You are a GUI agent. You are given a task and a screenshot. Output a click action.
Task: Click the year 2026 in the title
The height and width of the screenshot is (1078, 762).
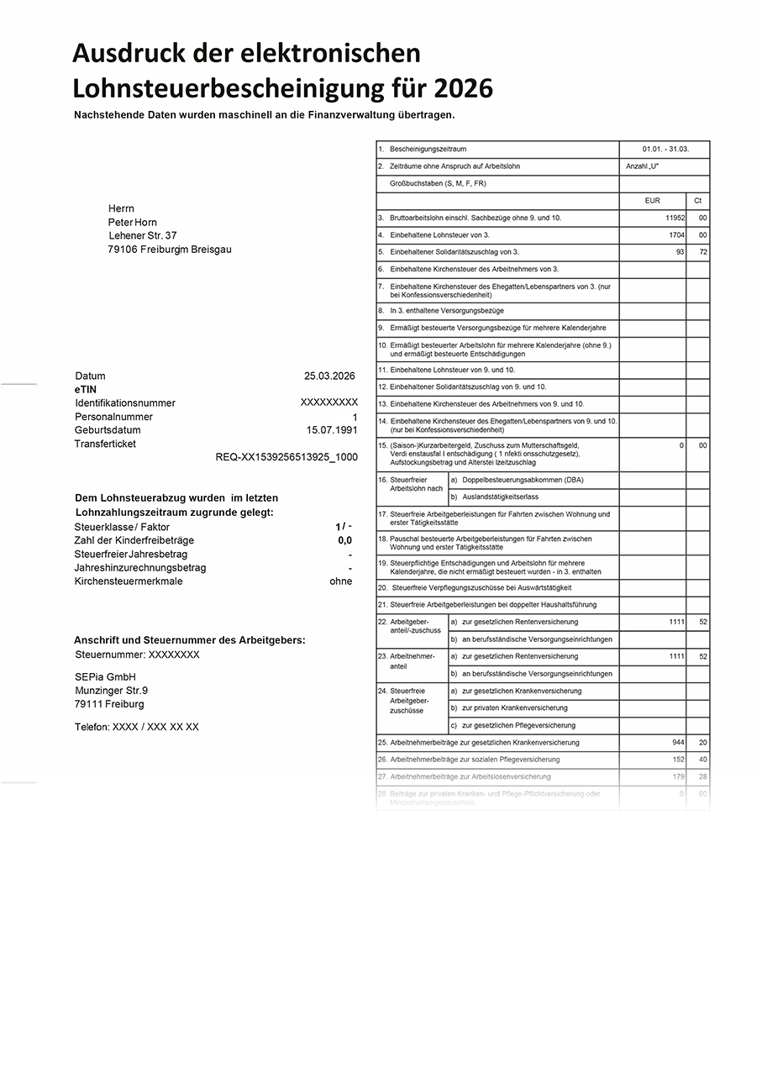point(462,88)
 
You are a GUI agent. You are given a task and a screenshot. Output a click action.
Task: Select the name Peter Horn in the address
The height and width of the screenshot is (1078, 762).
point(133,223)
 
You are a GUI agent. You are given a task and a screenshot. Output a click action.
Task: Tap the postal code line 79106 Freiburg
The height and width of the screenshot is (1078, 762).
point(170,250)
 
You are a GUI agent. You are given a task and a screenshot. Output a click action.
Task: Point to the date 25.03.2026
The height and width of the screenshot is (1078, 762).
point(330,376)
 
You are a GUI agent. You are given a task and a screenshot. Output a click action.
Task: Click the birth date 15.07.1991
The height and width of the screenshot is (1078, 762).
point(332,430)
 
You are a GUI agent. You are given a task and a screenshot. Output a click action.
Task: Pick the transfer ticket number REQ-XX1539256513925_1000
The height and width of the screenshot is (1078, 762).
point(286,457)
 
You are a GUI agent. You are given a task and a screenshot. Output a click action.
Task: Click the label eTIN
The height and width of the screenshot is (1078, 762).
point(87,390)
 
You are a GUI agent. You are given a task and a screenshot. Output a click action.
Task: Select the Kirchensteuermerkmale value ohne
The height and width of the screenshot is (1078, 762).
point(341,581)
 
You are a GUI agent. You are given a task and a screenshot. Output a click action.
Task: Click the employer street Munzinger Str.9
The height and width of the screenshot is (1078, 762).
point(111,691)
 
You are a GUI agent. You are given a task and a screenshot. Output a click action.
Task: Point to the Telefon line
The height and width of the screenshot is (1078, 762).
point(137,727)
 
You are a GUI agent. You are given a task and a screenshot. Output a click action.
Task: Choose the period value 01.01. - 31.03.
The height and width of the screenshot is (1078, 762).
point(665,149)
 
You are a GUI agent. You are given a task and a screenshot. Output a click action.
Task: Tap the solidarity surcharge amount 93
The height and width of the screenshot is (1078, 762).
point(679,252)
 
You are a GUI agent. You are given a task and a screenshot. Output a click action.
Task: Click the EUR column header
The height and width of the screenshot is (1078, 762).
point(652,202)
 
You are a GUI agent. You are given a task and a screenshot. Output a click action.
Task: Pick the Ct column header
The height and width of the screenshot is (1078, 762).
point(697,202)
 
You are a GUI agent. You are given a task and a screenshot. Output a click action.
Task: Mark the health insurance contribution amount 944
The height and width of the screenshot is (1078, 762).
point(677,743)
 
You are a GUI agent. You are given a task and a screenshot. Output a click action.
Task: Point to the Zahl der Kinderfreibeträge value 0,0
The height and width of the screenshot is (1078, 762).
point(344,541)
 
